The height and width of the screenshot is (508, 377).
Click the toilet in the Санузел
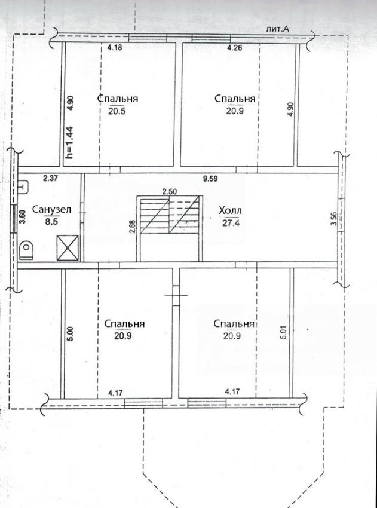(26, 250)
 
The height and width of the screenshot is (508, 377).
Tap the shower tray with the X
(68, 248)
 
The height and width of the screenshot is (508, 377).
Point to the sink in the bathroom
(23, 186)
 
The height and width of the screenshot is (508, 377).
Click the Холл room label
(230, 211)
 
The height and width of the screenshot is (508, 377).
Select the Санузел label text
(51, 210)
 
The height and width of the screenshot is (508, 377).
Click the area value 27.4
(231, 223)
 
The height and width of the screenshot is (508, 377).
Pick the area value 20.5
(117, 111)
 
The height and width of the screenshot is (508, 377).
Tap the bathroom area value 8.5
(51, 222)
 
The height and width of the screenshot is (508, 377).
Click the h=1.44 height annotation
(69, 142)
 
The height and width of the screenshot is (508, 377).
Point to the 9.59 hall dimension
(210, 178)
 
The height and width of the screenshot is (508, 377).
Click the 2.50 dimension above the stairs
(170, 191)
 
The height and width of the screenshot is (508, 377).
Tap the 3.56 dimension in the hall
(334, 219)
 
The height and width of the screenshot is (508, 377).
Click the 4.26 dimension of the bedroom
(235, 48)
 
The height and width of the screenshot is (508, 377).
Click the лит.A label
(277, 29)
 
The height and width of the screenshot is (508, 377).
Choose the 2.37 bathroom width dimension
(51, 178)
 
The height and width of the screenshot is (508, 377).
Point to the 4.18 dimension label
(115, 48)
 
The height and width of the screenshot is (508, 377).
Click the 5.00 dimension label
(71, 333)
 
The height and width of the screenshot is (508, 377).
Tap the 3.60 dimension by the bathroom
(23, 217)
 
